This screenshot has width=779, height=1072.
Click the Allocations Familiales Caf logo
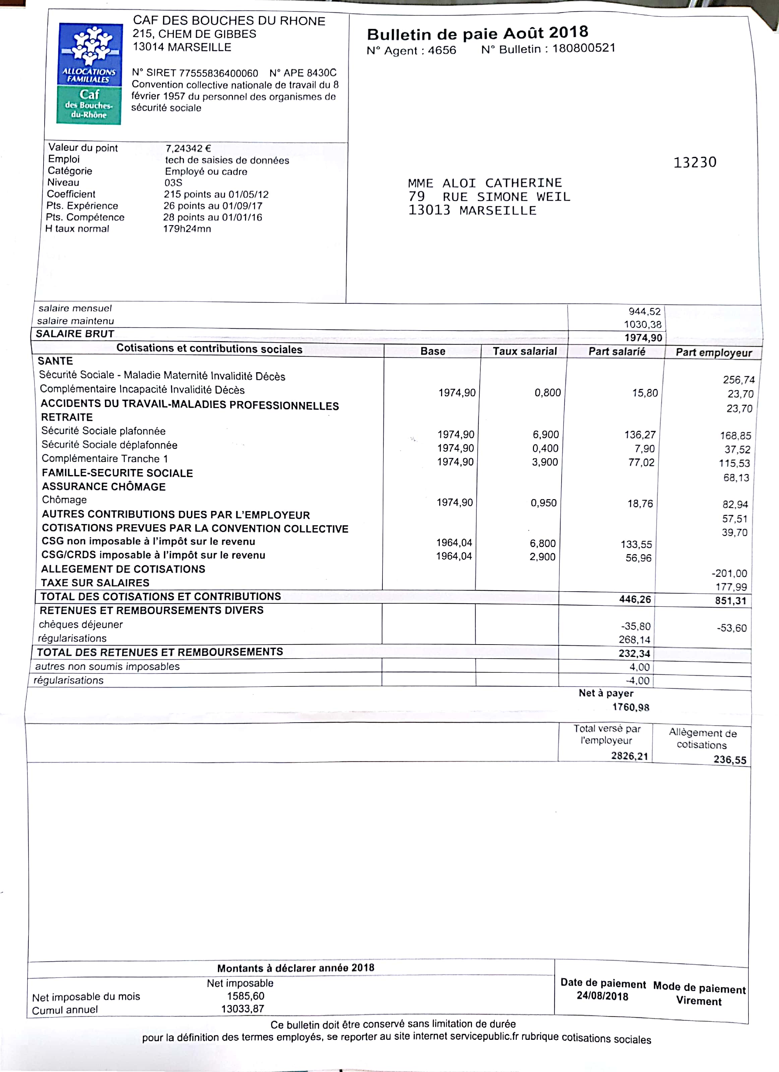pos(89,74)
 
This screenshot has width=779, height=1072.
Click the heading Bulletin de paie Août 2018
pos(477,33)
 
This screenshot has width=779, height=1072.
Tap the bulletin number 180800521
pos(584,48)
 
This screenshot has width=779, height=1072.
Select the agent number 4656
pos(442,50)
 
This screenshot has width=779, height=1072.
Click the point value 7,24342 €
pos(188,148)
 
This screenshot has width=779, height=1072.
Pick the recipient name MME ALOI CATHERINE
pos(485,183)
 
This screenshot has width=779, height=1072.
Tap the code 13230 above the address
pos(694,162)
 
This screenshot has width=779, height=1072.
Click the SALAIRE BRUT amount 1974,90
pos(643,337)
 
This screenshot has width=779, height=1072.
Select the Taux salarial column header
pos(525,351)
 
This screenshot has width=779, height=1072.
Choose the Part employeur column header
pos(713,353)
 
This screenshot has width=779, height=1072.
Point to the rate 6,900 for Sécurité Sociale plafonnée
pos(545,434)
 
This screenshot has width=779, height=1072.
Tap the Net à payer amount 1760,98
pos(631,708)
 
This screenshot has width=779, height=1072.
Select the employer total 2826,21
pos(629,756)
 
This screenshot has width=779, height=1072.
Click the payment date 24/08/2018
pos(602,996)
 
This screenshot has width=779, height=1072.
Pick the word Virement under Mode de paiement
pos(699,1001)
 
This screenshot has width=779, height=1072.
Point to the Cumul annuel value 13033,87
pos(243,1009)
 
